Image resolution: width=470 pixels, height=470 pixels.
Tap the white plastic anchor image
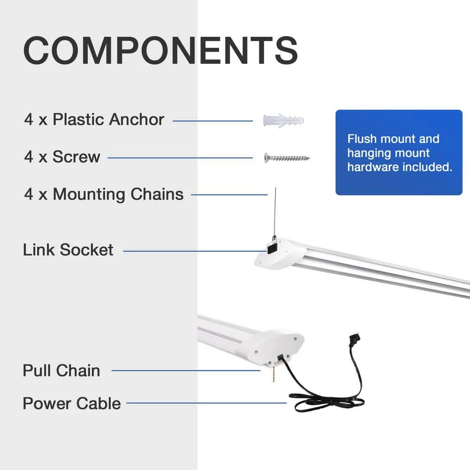tap(284, 120)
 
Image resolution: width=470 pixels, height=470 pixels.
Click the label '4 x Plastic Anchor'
tap(94, 119)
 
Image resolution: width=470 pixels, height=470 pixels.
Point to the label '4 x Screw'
tap(62, 157)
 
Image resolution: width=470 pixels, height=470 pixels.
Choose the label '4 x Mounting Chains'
tap(104, 194)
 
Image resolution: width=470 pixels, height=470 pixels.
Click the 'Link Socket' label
tap(68, 250)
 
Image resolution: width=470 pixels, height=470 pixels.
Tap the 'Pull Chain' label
tap(61, 370)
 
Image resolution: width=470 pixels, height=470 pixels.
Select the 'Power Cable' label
tap(71, 403)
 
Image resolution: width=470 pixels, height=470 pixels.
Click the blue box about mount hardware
tap(399, 152)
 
